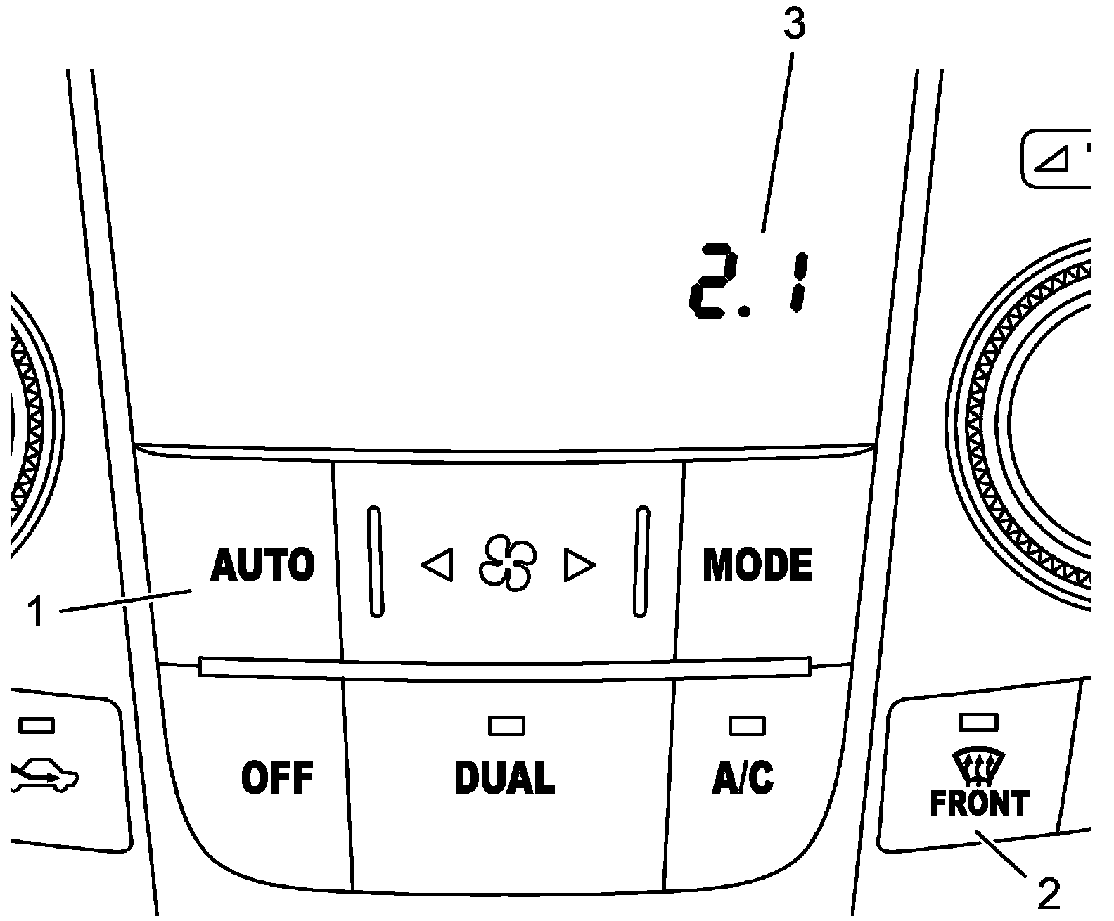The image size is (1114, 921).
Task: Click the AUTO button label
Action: coord(262,565)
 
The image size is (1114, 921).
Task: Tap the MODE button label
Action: coord(757,565)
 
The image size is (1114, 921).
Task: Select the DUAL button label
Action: coord(505,778)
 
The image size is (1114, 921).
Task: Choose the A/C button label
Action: coord(743,778)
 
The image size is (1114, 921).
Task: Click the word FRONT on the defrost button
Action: coord(979,804)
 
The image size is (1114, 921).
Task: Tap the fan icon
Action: coord(506,565)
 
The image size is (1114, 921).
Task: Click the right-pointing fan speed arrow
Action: coord(579,565)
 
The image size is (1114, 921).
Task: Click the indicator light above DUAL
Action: coord(506,725)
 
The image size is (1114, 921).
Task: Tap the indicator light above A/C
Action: coord(746,725)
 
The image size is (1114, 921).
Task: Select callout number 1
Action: coord(36,612)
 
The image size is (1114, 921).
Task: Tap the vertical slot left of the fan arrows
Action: coord(376,561)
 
